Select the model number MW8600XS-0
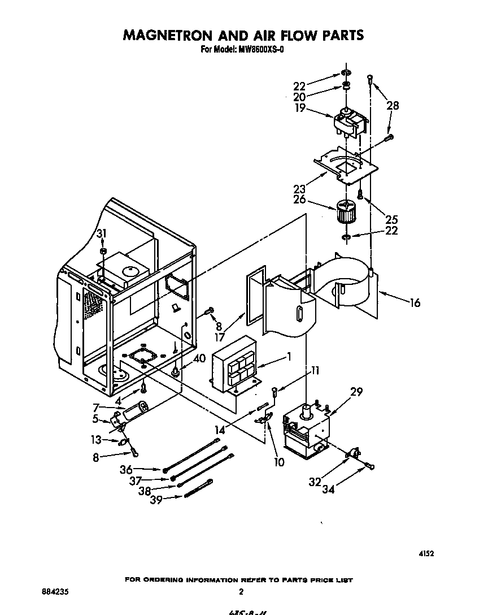click(x=263, y=49)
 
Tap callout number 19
click(x=300, y=107)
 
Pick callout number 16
click(x=415, y=303)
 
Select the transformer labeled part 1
click(x=233, y=369)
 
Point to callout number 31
click(x=101, y=234)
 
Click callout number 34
click(x=328, y=490)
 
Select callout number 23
click(x=300, y=189)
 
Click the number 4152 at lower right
click(x=425, y=555)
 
